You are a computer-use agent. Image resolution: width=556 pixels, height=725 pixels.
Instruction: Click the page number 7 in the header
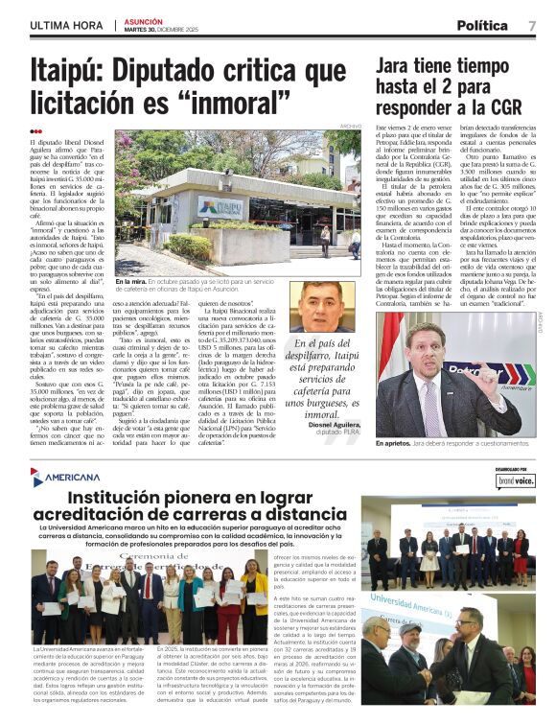tap(532, 25)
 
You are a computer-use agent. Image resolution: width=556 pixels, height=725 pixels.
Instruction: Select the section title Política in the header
tap(482, 25)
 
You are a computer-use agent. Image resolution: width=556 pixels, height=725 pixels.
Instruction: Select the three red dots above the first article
tap(35, 131)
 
